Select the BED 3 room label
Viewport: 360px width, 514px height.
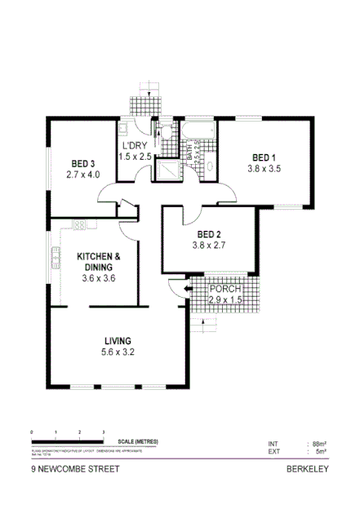(82, 162)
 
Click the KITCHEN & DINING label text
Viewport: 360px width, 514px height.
(99, 261)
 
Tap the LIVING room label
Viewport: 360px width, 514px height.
(118, 340)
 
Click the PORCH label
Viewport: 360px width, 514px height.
(224, 290)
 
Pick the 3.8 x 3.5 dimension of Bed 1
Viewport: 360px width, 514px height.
(264, 169)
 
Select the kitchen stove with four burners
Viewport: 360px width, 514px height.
(80, 224)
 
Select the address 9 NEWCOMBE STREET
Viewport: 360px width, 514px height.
(75, 469)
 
